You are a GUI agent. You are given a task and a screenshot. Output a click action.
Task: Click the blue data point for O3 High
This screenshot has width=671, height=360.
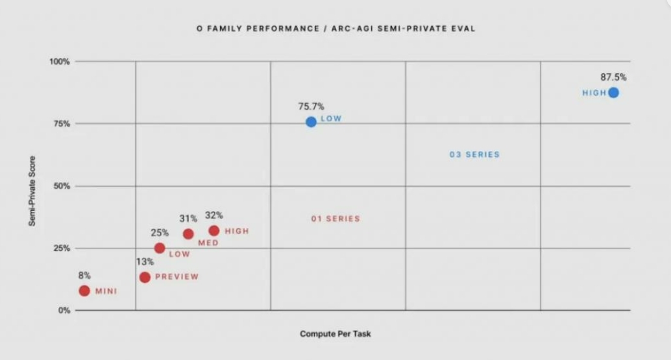pyautogui.click(x=613, y=93)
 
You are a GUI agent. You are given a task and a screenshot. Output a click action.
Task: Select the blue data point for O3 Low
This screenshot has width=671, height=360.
pyautogui.click(x=311, y=122)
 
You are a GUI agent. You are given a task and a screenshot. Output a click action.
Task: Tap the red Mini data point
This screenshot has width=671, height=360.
pyautogui.click(x=84, y=291)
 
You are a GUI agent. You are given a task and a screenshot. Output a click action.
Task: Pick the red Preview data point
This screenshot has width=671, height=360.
pyautogui.click(x=145, y=277)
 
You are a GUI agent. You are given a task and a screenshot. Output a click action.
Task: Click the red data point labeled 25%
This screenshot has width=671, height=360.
pyautogui.click(x=160, y=248)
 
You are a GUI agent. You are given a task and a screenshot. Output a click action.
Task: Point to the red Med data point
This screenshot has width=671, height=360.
pyautogui.click(x=188, y=234)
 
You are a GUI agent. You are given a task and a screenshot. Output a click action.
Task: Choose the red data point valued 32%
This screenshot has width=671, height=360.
pyautogui.click(x=213, y=230)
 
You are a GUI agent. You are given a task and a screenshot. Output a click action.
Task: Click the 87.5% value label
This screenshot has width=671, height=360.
pyautogui.click(x=614, y=77)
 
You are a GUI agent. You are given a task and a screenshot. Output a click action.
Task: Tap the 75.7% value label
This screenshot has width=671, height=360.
pyautogui.click(x=311, y=106)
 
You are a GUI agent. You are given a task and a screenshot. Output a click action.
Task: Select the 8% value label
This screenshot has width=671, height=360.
pyautogui.click(x=84, y=275)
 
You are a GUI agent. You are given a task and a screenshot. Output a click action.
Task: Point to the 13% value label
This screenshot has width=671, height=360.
pyautogui.click(x=145, y=262)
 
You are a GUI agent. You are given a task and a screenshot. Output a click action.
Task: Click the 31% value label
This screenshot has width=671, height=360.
pyautogui.click(x=188, y=219)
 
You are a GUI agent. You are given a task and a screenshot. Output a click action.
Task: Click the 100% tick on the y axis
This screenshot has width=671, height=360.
pyautogui.click(x=59, y=62)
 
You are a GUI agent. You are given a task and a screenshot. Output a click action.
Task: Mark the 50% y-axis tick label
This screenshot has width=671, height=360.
pyautogui.click(x=61, y=186)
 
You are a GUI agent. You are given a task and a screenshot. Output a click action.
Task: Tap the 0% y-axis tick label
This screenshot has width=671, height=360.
pyautogui.click(x=64, y=310)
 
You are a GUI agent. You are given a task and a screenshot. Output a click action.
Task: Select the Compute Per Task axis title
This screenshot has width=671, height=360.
pyautogui.click(x=335, y=333)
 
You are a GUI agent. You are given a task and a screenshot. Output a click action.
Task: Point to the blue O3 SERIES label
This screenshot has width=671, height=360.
pyautogui.click(x=474, y=154)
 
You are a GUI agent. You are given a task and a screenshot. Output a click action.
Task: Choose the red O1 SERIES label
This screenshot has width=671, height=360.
pyautogui.click(x=335, y=219)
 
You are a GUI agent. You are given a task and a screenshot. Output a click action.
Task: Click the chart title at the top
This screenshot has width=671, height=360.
pyautogui.click(x=335, y=29)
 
